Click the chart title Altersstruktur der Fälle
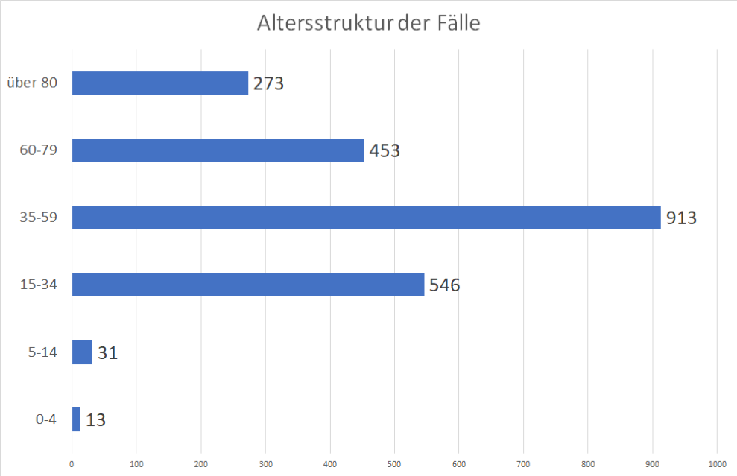coord(368,23)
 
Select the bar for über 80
coord(159,83)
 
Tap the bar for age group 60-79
coord(218,150)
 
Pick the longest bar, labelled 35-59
coord(366,218)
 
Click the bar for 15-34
coord(247,285)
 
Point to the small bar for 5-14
coord(82,352)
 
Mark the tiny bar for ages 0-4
coord(76,419)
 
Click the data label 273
coord(268,83)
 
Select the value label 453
coord(384,151)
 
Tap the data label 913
coord(681,218)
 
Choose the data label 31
coord(107,352)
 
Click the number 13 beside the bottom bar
coord(95,420)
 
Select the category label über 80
coord(31,83)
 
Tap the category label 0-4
coord(46,419)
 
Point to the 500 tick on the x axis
coord(394,463)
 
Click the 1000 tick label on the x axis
coord(717,463)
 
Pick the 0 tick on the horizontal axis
coord(72,463)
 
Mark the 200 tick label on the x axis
coord(200,463)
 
